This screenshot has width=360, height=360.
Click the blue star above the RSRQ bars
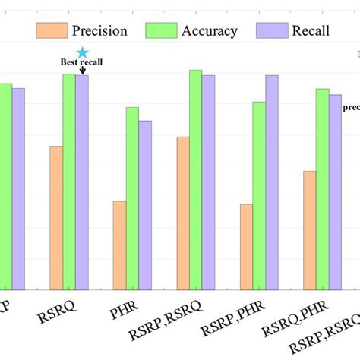[x=83, y=52]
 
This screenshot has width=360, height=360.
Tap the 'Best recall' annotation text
[x=81, y=64]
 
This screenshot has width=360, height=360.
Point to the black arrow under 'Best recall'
[x=82, y=71]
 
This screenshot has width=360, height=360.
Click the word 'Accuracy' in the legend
[x=210, y=31]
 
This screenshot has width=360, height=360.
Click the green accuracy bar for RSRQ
[x=69, y=182]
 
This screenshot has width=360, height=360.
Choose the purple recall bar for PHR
[x=145, y=205]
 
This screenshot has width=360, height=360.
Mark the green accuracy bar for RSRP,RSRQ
[x=196, y=180]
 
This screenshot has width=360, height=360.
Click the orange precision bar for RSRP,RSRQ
[x=182, y=213]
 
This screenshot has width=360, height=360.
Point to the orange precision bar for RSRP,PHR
[x=246, y=247]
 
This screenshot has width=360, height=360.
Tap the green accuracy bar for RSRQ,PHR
[x=322, y=189]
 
